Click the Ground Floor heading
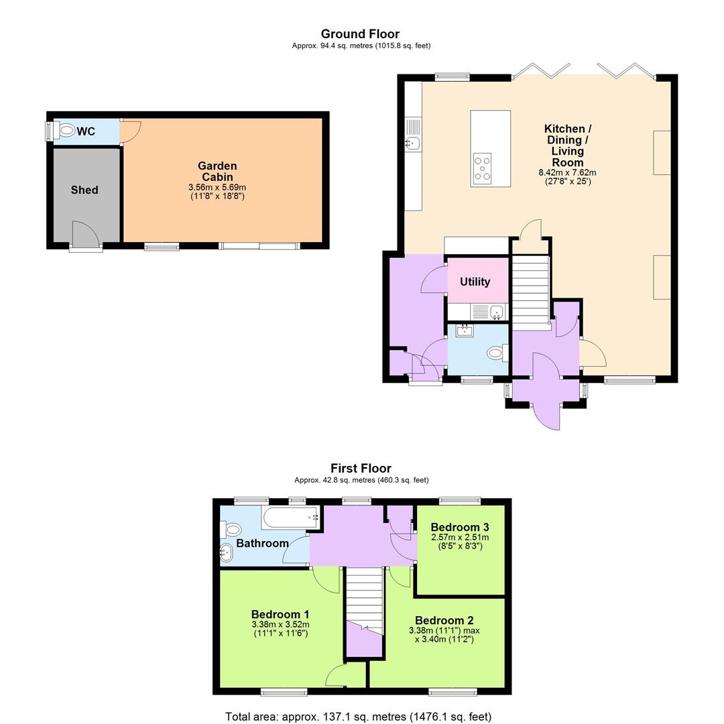(x=360, y=34)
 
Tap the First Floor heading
(x=361, y=469)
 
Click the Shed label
(x=84, y=190)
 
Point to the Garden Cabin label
(x=217, y=172)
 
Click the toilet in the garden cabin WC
(x=66, y=131)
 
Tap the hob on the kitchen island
(x=482, y=168)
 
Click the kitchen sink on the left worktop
(x=412, y=142)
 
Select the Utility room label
(x=475, y=282)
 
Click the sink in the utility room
(x=495, y=312)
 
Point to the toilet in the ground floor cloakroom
(x=497, y=353)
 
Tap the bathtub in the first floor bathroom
(x=290, y=518)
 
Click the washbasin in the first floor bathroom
(x=227, y=553)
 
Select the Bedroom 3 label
(x=459, y=527)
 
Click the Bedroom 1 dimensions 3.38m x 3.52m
(x=280, y=625)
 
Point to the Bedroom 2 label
(x=444, y=621)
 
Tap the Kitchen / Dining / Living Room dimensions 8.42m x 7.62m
(x=567, y=172)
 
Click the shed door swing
(x=84, y=234)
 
